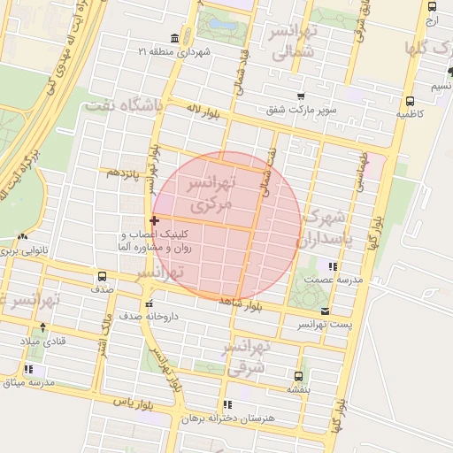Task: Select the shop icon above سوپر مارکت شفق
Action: tap(301, 96)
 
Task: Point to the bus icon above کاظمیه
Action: tap(409, 101)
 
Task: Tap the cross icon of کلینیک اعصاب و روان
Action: tap(155, 219)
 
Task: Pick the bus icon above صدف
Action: tap(101, 275)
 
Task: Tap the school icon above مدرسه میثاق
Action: tap(29, 369)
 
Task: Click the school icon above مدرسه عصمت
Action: tap(333, 265)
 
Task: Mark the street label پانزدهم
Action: tap(125, 174)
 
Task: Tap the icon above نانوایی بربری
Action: tap(22, 237)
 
